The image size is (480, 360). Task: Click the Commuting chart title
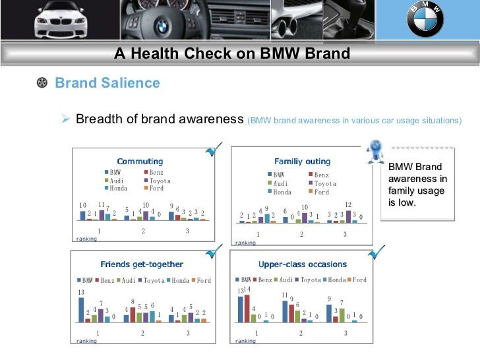point(140,162)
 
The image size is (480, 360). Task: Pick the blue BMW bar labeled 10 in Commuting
point(83,215)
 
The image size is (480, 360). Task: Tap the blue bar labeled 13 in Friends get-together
point(81,309)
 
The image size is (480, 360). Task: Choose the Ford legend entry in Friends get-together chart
point(200,280)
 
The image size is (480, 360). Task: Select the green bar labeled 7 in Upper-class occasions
point(342,315)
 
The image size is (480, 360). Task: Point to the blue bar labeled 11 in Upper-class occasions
point(285,311)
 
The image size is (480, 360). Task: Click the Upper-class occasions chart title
point(303,264)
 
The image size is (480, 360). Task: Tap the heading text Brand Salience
point(107,83)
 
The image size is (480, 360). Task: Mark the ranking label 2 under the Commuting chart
point(143,231)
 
